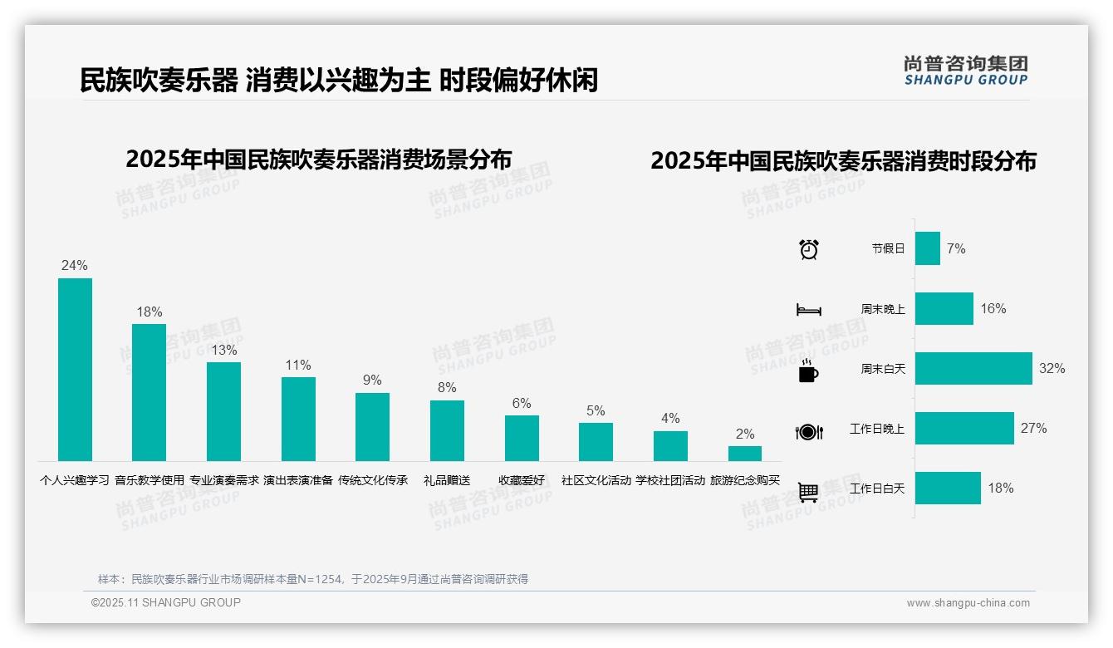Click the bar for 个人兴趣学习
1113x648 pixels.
click(75, 370)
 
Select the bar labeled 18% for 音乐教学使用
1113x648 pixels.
click(150, 392)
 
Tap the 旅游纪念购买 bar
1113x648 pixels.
click(745, 454)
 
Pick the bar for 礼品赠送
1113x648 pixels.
click(447, 430)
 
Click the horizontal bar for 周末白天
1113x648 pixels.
click(973, 368)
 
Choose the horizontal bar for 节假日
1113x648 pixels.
click(928, 248)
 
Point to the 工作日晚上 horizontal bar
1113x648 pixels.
click(964, 429)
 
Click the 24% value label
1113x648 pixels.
click(75, 266)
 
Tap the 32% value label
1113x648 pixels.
click(1052, 368)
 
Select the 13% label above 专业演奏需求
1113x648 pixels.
click(223, 350)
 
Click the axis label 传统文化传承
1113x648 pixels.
click(373, 480)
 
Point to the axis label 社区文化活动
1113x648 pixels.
click(596, 480)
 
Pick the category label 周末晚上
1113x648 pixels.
click(883, 309)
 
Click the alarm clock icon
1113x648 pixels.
click(809, 249)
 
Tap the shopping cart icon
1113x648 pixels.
click(808, 492)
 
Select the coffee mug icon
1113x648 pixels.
click(808, 371)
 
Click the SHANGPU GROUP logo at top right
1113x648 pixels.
click(966, 71)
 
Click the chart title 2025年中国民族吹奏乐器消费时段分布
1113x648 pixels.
click(843, 161)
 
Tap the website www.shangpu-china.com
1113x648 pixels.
click(968, 603)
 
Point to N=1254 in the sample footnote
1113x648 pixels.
click(315, 579)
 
